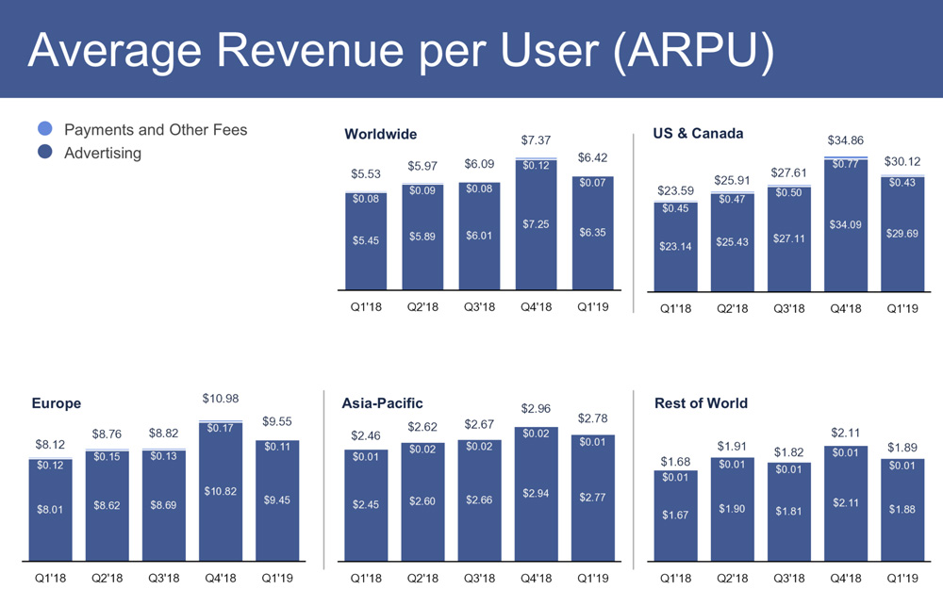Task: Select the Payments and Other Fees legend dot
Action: [x=45, y=129]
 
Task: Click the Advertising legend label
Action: [x=103, y=153]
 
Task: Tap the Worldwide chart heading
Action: [x=381, y=134]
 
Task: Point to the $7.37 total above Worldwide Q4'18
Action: [x=536, y=140]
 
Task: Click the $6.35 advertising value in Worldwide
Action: [x=592, y=232]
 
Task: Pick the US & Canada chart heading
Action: [x=698, y=133]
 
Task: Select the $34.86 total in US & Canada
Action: [x=846, y=139]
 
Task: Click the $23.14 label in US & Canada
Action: [x=675, y=246]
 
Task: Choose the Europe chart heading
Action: [x=57, y=403]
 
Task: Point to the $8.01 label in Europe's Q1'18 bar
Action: [x=51, y=510]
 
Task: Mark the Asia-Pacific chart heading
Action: [x=382, y=403]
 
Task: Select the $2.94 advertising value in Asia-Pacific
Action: [x=536, y=493]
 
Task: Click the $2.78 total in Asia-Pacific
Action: [x=592, y=417]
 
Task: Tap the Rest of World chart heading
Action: [x=701, y=403]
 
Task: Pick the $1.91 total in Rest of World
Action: [x=733, y=446]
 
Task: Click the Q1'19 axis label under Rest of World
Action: [x=902, y=577]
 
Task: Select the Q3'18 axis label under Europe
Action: [x=164, y=577]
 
